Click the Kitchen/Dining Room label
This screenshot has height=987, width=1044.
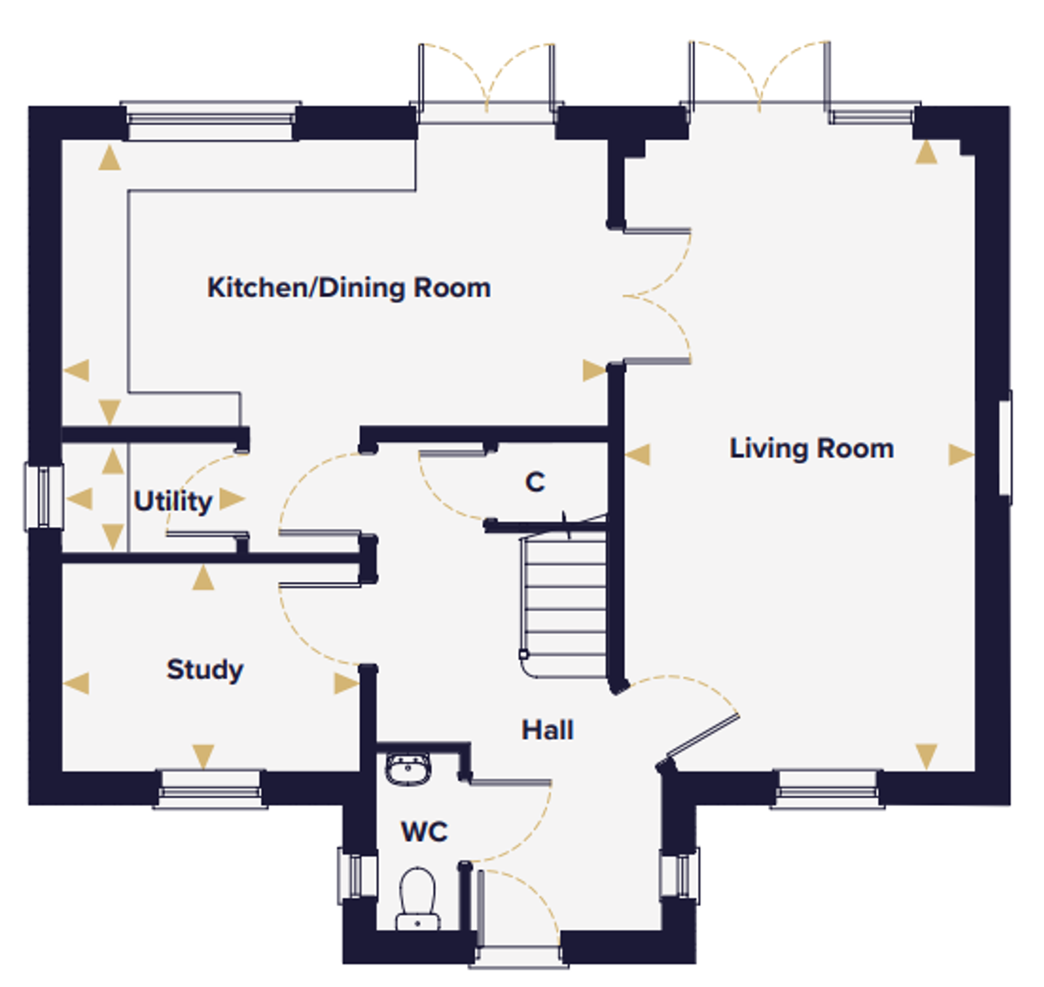point(348,289)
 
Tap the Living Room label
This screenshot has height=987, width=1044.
point(811,449)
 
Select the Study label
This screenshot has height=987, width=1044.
point(205,670)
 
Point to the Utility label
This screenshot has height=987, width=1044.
point(172,501)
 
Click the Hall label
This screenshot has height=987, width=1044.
point(547,730)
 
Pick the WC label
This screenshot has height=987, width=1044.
point(425,831)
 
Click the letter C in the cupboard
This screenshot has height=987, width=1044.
point(535,482)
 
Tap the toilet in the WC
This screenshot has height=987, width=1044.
point(418,898)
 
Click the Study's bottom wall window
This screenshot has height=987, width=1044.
point(211,789)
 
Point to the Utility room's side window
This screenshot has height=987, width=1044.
point(43,497)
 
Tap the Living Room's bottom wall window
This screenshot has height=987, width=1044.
point(826,789)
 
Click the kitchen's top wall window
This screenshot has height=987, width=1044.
point(211,121)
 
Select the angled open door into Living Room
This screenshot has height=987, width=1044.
point(703,735)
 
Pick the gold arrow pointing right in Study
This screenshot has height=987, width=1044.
point(346,684)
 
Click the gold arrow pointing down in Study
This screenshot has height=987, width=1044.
point(203,757)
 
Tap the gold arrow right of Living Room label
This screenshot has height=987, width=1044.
point(960,455)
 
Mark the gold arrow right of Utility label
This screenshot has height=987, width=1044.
point(232,499)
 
